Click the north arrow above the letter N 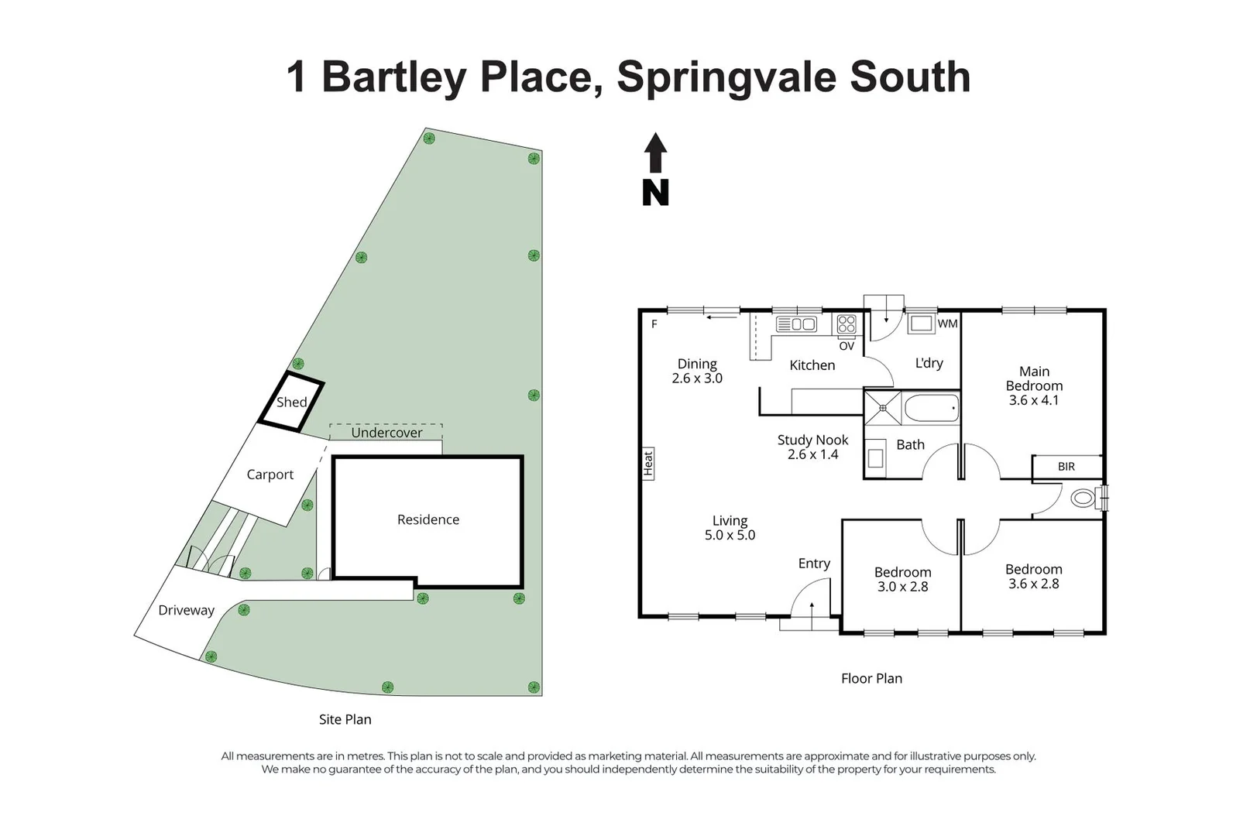pos(655,152)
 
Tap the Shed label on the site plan pos(292,402)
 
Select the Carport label pos(270,475)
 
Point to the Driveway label pos(187,610)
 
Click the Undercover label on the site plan pos(386,433)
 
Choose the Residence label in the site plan pos(428,519)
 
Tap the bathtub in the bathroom pos(932,408)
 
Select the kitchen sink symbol pos(796,324)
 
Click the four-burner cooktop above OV pos(847,324)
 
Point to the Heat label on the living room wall pos(648,464)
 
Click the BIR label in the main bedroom pos(1066,467)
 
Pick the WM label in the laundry pos(948,324)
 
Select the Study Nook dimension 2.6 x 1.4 pos(812,454)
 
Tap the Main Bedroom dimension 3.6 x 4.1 pos(1034,400)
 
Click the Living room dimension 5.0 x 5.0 pos(730,535)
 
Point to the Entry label pos(814,564)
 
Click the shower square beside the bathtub pos(883,408)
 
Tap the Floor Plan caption pos(871,678)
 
